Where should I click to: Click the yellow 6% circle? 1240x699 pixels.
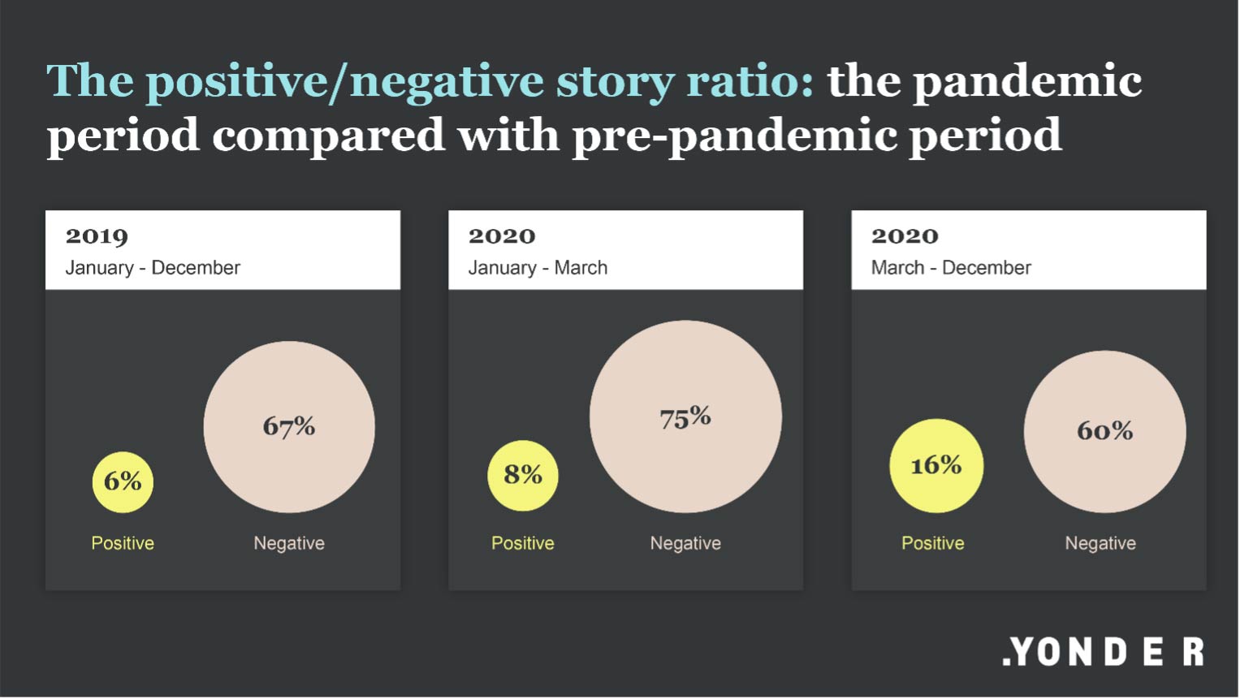123,482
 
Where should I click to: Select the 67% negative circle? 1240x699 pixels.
289,427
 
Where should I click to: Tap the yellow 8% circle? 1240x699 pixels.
523,476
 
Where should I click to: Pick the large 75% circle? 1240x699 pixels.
685,416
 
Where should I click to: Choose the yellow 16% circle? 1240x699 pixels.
936,466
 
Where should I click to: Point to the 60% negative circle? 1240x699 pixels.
1105,432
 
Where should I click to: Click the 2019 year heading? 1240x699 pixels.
97,236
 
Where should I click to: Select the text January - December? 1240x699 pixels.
153,268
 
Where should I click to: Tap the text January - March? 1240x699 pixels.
538,268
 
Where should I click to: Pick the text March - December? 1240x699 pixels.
951,268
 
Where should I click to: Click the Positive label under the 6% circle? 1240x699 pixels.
123,543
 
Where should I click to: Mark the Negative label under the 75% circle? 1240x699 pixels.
685,543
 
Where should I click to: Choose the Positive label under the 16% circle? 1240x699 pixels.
933,543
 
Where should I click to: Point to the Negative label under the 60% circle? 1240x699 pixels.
1100,543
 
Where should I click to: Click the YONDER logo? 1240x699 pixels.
1104,651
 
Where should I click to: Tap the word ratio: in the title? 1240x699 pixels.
750,81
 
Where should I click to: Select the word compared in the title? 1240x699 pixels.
329,136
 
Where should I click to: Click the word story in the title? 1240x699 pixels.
615,83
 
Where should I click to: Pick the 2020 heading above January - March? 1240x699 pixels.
502,236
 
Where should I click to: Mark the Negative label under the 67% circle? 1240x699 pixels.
289,543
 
